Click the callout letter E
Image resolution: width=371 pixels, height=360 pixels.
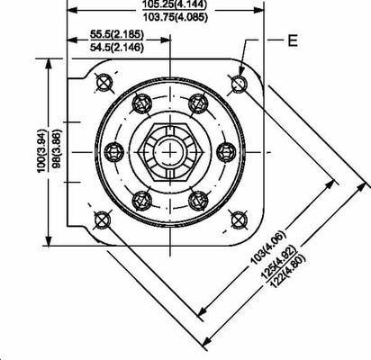pyautogui.click(x=292, y=40)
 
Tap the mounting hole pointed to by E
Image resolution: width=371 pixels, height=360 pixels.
pyautogui.click(x=239, y=84)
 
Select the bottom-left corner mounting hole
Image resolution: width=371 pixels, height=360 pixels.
pyautogui.click(x=101, y=219)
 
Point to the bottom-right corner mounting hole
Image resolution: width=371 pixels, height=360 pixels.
pyautogui.click(x=238, y=219)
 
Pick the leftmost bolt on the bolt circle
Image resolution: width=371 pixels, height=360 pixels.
pyautogui.click(x=113, y=151)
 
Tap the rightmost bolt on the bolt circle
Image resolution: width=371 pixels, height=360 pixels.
pyautogui.click(x=226, y=151)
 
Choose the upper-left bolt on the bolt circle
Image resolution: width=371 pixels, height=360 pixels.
pyautogui.click(x=140, y=104)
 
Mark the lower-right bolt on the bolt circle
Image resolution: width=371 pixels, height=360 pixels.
pyautogui.click(x=198, y=199)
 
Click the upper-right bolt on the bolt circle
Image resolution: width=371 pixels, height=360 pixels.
pyautogui.click(x=198, y=104)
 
